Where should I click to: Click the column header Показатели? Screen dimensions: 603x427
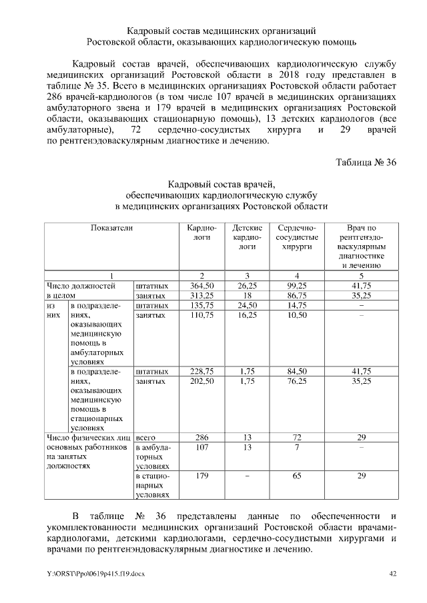112,228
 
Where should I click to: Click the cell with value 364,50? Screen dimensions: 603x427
201,285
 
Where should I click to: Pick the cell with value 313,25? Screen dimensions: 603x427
201,295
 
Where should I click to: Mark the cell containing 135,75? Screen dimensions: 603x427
201,305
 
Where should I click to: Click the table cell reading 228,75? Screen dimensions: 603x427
201,370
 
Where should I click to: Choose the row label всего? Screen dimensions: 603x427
145,437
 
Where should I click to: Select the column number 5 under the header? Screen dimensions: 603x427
361,275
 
